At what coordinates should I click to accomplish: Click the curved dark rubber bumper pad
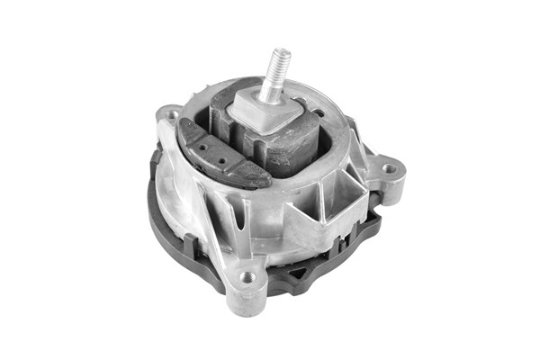coord(220,153)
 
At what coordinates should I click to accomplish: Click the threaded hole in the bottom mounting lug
coord(247,276)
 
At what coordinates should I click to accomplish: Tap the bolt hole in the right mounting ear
coord(389,167)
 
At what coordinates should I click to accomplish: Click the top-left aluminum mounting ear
coord(170,117)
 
